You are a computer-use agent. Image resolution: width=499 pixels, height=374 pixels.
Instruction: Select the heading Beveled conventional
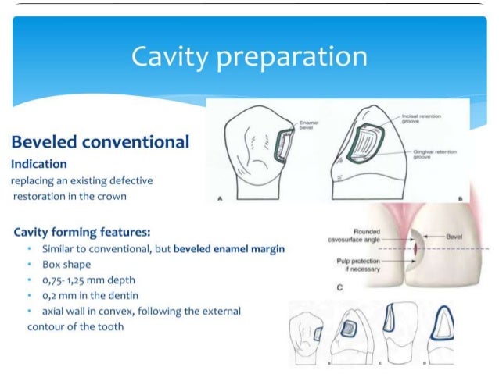[x=99, y=142]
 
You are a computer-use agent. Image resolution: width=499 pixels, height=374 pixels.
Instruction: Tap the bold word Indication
[x=38, y=164]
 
